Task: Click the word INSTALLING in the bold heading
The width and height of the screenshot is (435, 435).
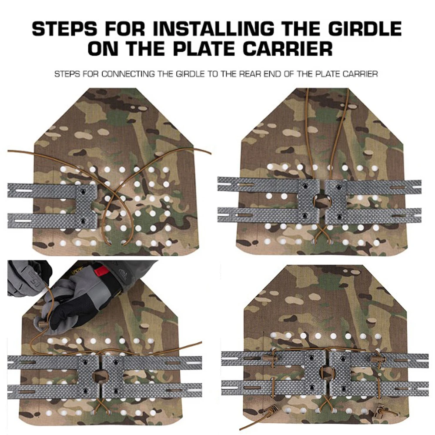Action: point(212,29)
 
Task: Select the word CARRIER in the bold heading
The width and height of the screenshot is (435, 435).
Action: point(288,49)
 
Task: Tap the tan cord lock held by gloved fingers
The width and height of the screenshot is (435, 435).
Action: point(41,323)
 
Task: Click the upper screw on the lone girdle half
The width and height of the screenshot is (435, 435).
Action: point(82,191)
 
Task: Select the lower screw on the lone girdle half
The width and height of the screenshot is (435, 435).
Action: point(82,221)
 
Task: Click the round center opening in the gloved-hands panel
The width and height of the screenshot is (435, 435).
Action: point(98,375)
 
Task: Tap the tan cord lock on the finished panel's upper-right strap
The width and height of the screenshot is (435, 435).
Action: point(377,359)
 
